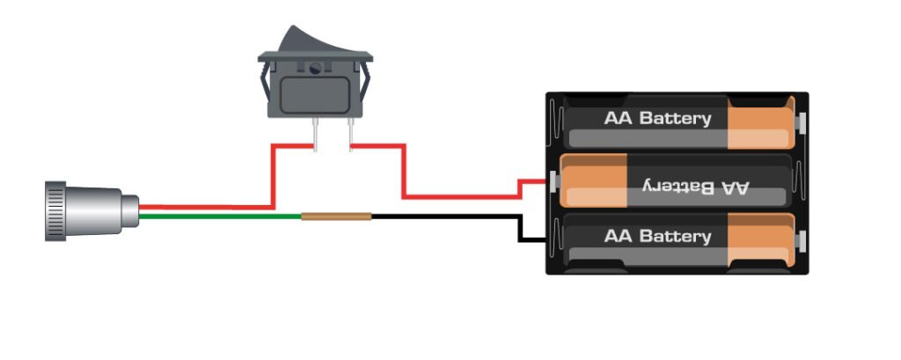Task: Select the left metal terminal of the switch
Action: click(x=314, y=132)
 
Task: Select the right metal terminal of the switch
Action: click(x=350, y=132)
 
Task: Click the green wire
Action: click(x=220, y=215)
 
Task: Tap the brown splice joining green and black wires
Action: click(x=336, y=215)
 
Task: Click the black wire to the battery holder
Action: click(x=449, y=216)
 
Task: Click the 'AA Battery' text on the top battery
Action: click(x=657, y=118)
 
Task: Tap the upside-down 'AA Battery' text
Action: click(x=694, y=186)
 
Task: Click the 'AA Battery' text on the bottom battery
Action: click(x=657, y=237)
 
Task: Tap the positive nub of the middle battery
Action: click(x=553, y=181)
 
